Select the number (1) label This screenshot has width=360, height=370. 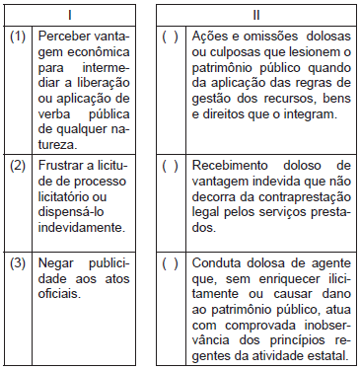point(18,36)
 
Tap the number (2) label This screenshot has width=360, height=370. point(18,165)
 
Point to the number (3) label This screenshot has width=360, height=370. point(18,263)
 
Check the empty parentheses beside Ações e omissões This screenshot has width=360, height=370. point(169,36)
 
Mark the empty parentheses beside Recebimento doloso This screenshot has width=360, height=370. point(169,165)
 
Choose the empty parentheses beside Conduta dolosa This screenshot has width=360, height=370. point(169,263)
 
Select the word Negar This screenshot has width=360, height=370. point(56,263)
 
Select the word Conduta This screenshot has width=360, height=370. point(216,263)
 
